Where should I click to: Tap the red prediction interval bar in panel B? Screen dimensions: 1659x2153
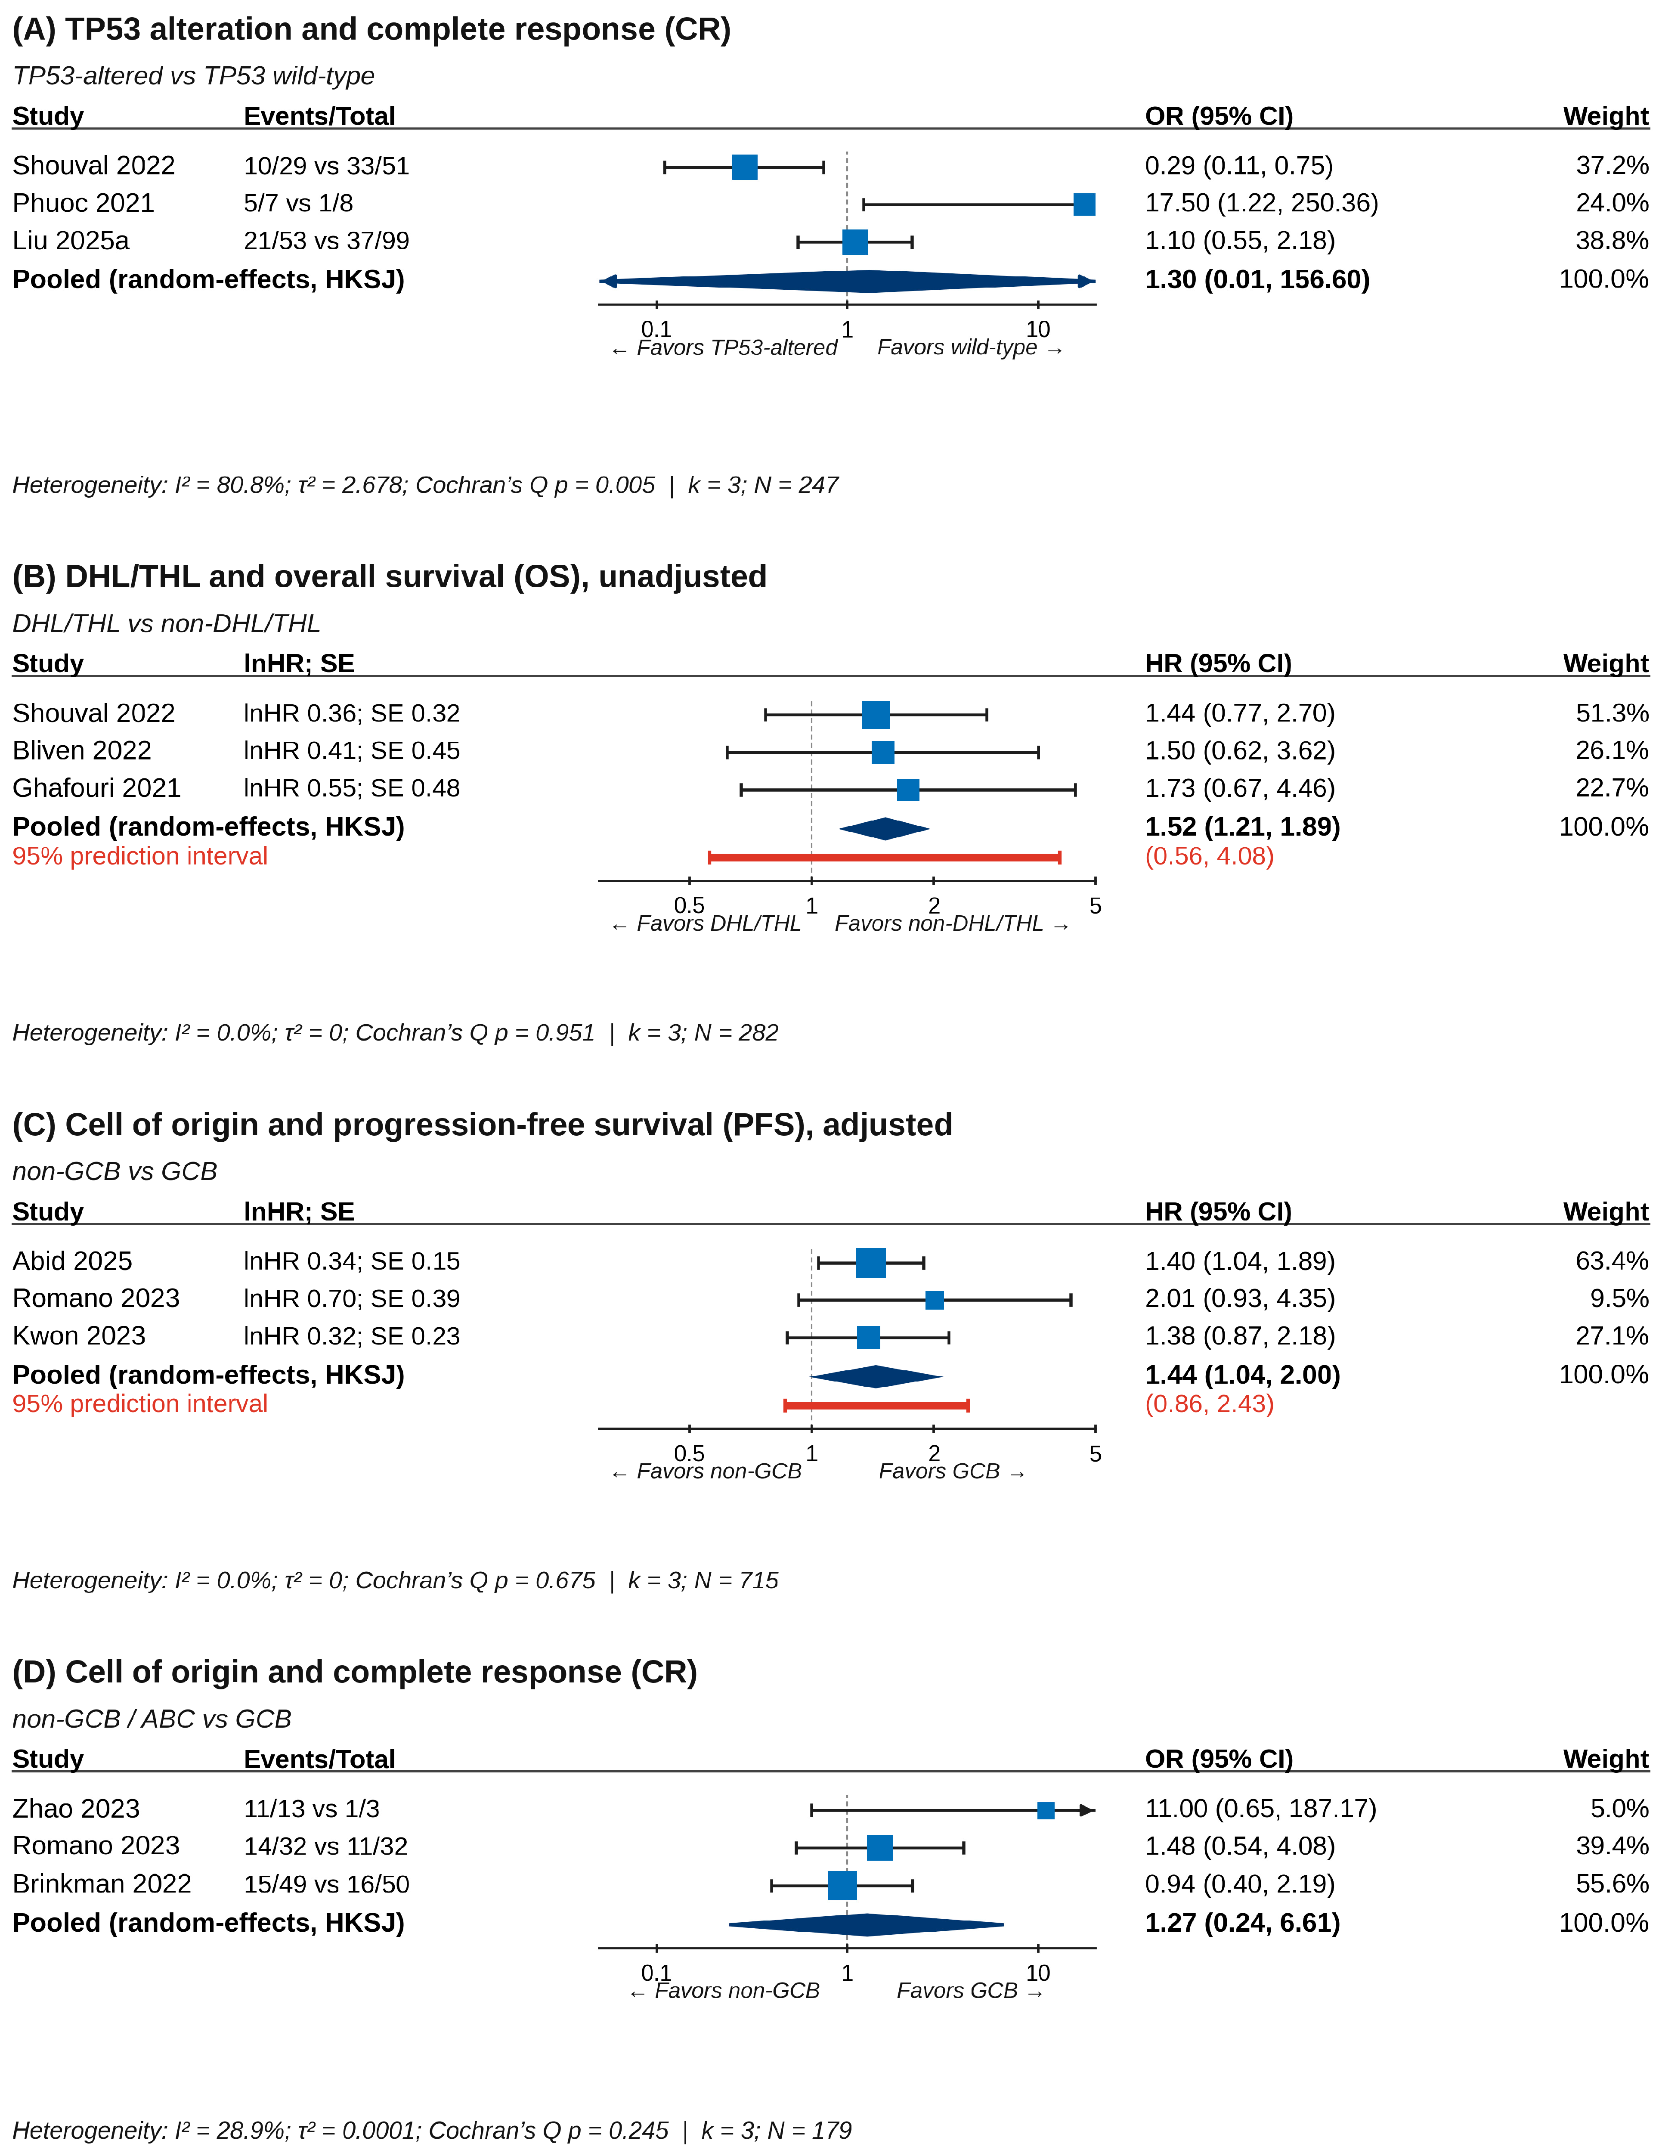pyautogui.click(x=884, y=858)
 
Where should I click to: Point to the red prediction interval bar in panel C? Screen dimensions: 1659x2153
pyautogui.click(x=876, y=1405)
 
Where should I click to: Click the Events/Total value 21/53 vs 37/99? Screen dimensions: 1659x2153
pyautogui.click(x=326, y=241)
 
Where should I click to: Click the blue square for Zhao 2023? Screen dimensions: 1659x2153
pyautogui.click(x=1046, y=1810)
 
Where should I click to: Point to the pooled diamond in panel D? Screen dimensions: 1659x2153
pyautogui.click(x=867, y=1924)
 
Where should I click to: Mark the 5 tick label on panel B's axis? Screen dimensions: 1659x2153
pyautogui.click(x=1095, y=906)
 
